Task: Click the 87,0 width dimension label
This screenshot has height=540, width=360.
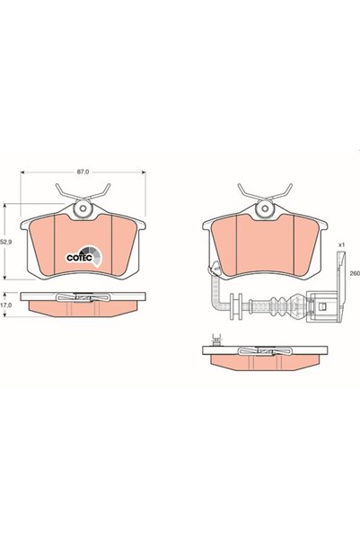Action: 83,172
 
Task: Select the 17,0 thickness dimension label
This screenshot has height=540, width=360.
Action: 7,305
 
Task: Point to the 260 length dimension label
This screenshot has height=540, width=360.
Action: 355,273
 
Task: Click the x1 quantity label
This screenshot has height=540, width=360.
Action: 341,245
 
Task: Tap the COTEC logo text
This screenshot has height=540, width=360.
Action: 79,257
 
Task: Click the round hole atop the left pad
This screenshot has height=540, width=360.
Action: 83,208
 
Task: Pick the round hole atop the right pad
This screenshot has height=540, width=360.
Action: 265,208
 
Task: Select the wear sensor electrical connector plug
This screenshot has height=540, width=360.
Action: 321,306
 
